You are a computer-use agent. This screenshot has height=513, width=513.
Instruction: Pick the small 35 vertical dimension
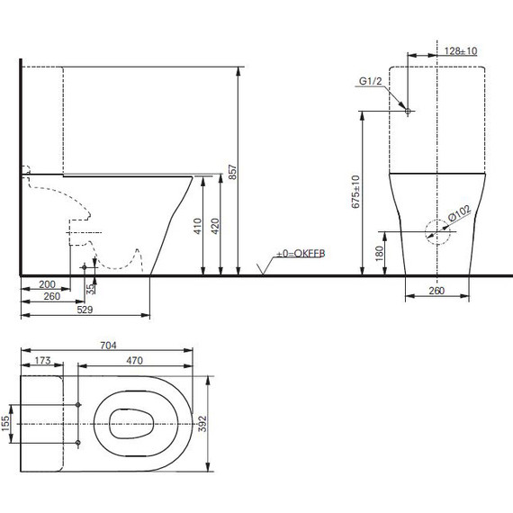[x=89, y=289]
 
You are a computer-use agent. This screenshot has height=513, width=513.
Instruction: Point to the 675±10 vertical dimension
[x=355, y=191]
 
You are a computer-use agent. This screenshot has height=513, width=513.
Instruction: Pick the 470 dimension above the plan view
[x=136, y=360]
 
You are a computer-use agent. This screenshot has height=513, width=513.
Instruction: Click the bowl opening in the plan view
[x=133, y=423]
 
